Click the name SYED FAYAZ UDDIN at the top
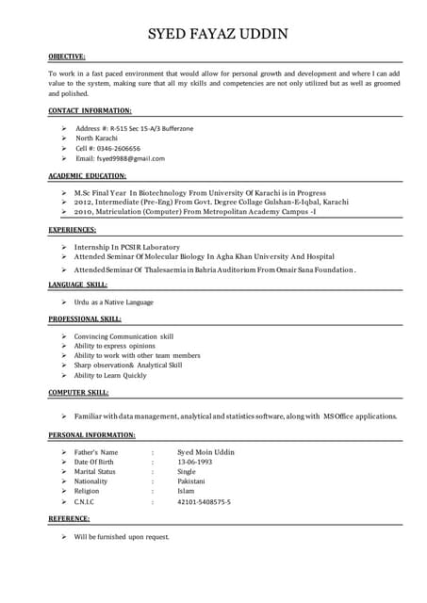(218, 35)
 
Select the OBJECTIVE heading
(67, 57)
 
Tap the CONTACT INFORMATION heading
(90, 111)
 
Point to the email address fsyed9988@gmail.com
(132, 159)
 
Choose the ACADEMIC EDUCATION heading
(87, 176)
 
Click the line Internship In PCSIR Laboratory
(126, 247)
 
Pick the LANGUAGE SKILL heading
(77, 285)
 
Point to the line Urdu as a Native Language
(113, 302)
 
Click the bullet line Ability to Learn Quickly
(110, 376)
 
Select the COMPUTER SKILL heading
(77, 393)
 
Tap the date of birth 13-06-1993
(195, 463)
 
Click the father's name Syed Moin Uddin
(205, 452)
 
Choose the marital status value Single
(187, 472)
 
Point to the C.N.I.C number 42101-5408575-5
(204, 502)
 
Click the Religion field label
(86, 492)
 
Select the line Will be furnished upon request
(122, 537)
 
